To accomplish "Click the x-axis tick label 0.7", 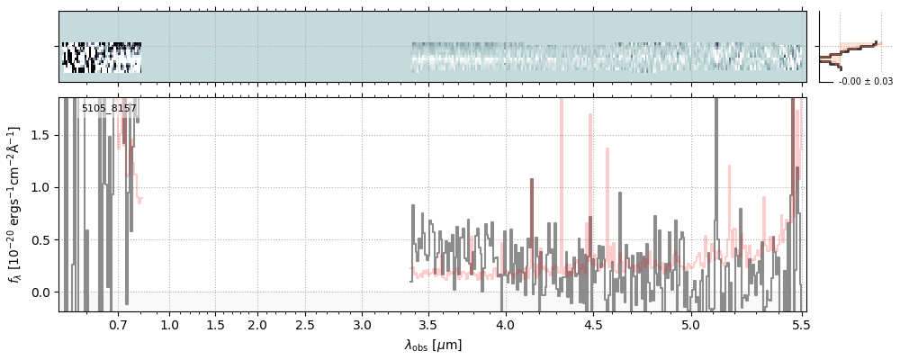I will coord(118,325).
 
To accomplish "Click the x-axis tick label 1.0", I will coord(169,325).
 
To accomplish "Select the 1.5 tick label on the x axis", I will coord(216,325).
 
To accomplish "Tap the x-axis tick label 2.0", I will coord(257,325).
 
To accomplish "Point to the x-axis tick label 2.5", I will coord(306,325).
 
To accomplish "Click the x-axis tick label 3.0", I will coord(362,325).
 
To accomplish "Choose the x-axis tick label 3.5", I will coord(429,325).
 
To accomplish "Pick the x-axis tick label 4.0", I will coord(505,325).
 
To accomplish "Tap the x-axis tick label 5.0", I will coord(690,325).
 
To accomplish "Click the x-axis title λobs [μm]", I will coord(432,345).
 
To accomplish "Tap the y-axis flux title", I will coord(15,204).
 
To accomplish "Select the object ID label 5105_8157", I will coord(109,109).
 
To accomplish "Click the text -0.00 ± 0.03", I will coord(865,82).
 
